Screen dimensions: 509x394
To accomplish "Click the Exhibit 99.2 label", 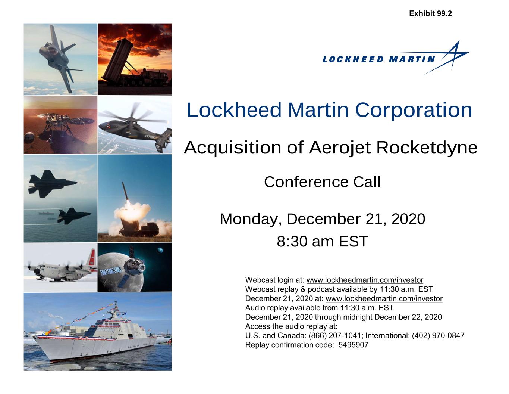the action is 430,13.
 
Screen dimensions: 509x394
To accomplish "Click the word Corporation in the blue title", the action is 414,110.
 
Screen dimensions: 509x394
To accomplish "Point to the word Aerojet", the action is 340,148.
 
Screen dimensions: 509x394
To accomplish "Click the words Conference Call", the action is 322,182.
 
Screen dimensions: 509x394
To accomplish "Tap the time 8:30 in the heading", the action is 292,241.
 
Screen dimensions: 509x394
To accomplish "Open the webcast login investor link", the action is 365,280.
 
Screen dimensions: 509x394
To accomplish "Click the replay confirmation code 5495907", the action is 353,345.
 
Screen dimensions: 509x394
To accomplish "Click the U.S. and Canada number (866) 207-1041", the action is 335,336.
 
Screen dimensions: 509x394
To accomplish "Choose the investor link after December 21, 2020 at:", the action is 384,298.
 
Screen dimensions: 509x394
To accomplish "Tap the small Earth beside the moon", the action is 160,251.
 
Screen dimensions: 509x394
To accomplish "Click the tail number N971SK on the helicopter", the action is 149,137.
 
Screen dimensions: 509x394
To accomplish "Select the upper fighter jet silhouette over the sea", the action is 52,183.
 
